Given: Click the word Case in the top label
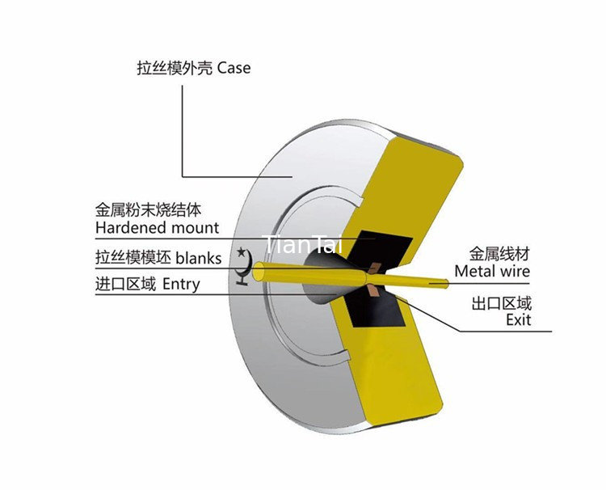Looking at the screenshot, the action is coord(234,68).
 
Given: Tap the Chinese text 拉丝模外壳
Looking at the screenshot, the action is coord(175,68).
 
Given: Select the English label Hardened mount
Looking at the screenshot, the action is coord(157,227).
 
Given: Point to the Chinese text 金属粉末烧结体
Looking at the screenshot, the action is coord(148,210).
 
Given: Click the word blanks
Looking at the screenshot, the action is coord(199,258).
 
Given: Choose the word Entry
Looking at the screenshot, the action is coord(181,285).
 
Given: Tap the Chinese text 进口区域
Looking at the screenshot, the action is coord(125,285).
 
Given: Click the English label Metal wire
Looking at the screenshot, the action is coord(492,271).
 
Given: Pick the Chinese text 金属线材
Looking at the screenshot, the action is coord(499,254).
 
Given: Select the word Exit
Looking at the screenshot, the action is coord(519,320).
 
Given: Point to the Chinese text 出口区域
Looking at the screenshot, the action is coord(502,303).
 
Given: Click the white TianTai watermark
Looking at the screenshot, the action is coord(302,244).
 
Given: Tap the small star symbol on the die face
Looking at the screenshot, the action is coord(242,252).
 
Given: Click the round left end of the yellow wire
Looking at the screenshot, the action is coord(258,271).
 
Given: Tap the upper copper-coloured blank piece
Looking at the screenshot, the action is coord(375,268).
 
